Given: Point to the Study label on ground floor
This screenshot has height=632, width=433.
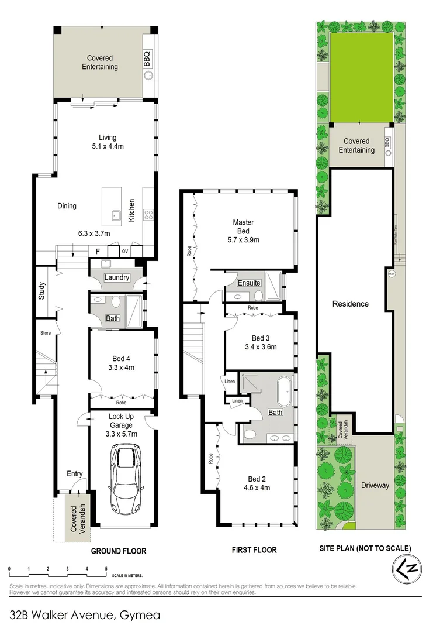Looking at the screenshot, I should click(x=42, y=291).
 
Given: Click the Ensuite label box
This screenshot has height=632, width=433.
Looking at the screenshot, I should click(x=249, y=283).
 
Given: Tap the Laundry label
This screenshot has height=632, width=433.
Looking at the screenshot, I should click(x=116, y=277).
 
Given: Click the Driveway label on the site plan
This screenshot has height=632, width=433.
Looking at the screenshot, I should click(x=375, y=485).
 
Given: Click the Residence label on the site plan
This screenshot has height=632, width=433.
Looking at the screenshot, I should click(x=351, y=304).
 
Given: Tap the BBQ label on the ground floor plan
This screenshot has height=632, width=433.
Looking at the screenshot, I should click(x=147, y=59).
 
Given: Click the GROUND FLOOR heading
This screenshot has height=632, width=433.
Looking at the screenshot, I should click(x=119, y=551).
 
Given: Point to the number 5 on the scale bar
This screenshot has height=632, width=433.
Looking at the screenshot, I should click(x=106, y=568).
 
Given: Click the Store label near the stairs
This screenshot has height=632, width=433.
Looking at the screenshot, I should click(x=46, y=333).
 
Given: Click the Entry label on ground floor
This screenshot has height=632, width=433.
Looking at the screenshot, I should click(x=74, y=474).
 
